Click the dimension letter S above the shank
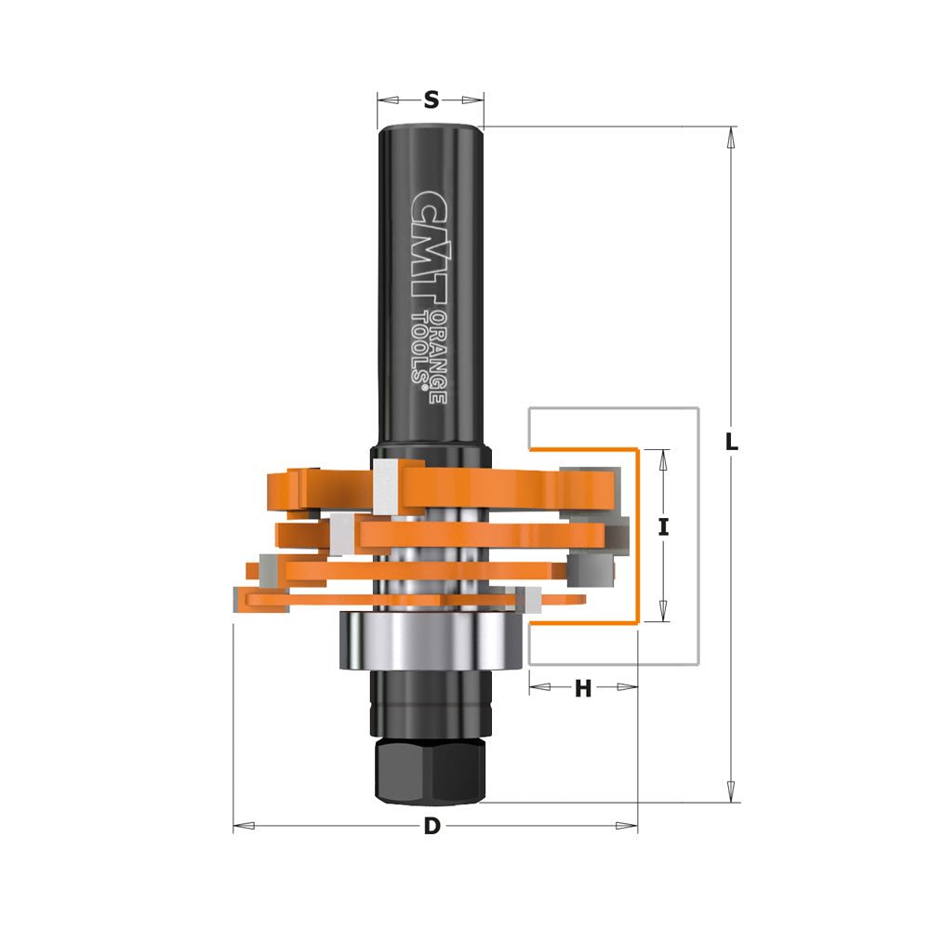pos(431,100)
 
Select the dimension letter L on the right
pos(732,443)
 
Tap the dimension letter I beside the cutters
pos(663,527)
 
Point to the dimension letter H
pos(583,688)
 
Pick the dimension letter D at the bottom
pos(432,826)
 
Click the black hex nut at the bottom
pos(431,769)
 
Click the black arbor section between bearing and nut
pos(431,702)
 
